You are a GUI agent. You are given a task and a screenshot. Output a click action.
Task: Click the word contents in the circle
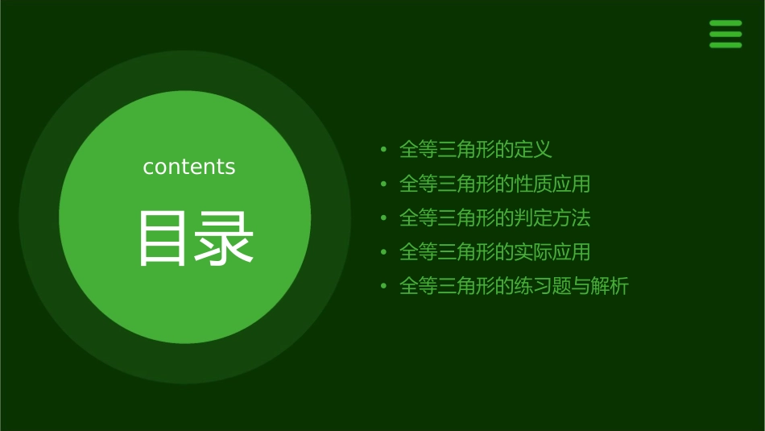coord(189,167)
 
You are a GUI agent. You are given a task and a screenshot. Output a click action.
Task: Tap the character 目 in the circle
coord(163,238)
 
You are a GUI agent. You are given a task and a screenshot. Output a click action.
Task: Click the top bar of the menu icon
coord(725,24)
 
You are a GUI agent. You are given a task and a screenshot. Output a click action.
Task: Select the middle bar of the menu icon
coord(725,35)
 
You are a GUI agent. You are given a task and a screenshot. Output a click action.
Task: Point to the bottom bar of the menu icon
coord(725,45)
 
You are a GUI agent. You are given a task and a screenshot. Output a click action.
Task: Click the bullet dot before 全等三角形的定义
coord(384,150)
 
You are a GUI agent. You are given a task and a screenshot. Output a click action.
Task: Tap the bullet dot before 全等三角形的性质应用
coord(384,184)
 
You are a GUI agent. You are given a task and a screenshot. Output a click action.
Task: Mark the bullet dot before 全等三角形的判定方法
coord(384,218)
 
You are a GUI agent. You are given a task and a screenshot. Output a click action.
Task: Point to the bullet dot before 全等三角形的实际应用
coord(384,252)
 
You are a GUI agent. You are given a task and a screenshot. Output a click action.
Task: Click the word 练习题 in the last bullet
coord(543,286)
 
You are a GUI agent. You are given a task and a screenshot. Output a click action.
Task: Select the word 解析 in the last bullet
coord(610,286)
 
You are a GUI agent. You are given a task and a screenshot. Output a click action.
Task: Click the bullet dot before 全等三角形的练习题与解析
coord(384,286)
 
